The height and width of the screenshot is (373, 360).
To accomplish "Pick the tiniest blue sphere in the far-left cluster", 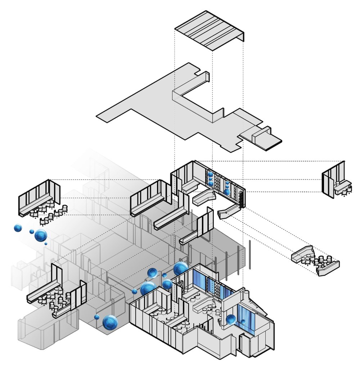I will pyautogui.click(x=46, y=244).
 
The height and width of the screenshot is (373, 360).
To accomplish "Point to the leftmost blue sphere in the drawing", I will pyautogui.click(x=18, y=228).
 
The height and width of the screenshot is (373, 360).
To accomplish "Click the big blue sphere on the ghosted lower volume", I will pyautogui.click(x=110, y=322).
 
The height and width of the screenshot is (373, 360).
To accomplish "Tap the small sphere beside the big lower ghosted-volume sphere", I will pyautogui.click(x=96, y=317).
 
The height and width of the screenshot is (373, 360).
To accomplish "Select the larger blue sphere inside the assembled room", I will pyautogui.click(x=231, y=319).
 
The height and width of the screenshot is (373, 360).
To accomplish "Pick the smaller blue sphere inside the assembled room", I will pyautogui.click(x=243, y=321).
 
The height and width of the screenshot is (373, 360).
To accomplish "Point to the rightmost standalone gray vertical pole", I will pyautogui.click(x=250, y=254).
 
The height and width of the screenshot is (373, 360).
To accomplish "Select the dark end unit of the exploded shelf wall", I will pyautogui.click(x=242, y=199).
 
